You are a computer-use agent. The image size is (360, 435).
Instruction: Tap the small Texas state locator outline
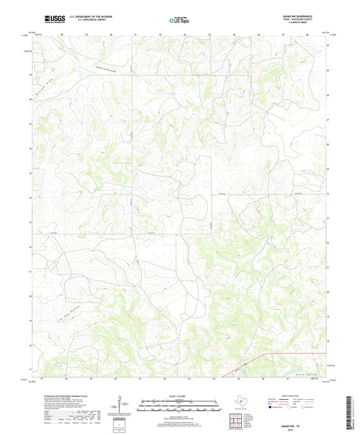pos(240,404)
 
